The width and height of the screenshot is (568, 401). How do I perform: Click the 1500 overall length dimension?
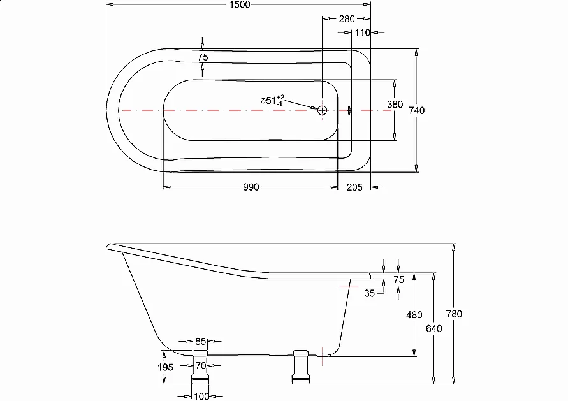tap(238, 4)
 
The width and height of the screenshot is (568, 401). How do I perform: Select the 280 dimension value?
tap(347, 19)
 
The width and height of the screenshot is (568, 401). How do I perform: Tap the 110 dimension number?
tap(362, 33)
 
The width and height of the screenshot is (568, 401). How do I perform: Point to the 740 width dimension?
tap(417, 110)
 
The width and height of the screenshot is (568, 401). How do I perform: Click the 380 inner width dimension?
tap(395, 105)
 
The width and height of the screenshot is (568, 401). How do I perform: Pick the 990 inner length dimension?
tap(251, 187)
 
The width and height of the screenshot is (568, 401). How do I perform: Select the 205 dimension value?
tap(354, 187)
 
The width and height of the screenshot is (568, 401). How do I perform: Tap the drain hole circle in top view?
tap(323, 110)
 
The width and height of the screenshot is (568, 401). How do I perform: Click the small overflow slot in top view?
tap(349, 110)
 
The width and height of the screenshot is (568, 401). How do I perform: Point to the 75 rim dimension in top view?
tap(203, 57)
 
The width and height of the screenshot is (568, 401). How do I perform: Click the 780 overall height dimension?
tap(455, 314)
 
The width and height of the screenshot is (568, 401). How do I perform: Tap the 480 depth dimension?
tap(414, 314)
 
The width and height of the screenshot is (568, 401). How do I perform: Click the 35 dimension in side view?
tap(370, 293)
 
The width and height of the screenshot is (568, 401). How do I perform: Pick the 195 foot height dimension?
tap(165, 367)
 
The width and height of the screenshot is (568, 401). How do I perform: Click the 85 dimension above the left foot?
tap(201, 342)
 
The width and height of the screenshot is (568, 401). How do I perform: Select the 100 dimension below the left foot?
tap(201, 397)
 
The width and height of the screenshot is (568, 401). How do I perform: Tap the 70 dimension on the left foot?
tap(201, 366)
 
